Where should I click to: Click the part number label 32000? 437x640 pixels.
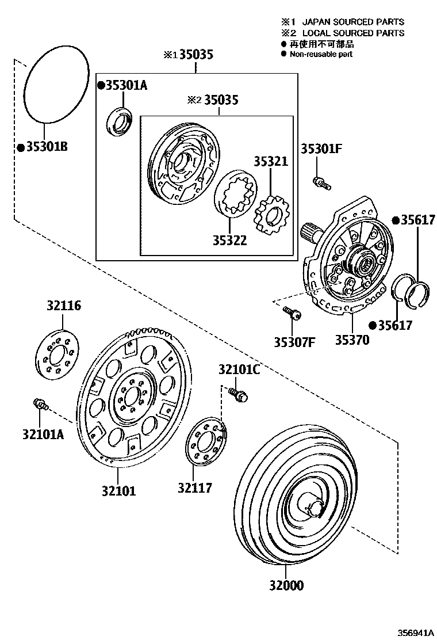(286, 585)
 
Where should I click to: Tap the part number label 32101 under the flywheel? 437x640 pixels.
(119, 491)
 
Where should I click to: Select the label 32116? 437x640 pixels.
(64, 306)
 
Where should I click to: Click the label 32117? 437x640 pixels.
(195, 487)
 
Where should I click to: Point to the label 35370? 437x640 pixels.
(352, 340)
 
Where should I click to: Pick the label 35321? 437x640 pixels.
(270, 162)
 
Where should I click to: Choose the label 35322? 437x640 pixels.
(229, 240)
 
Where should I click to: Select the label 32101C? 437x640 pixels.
(239, 369)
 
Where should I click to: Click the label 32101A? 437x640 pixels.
(43, 434)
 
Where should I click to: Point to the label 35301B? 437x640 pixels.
(43, 147)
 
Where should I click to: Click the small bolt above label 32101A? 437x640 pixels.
(41, 403)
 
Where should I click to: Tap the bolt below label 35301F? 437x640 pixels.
(321, 183)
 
